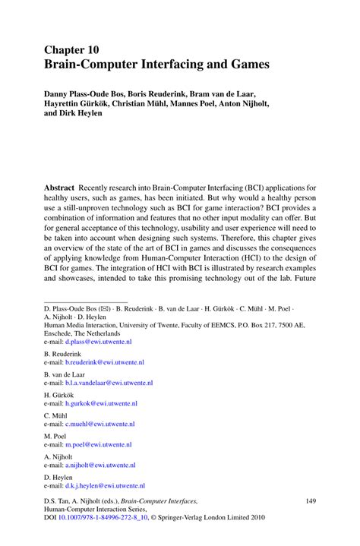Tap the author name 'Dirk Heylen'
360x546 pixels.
click(x=84, y=121)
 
